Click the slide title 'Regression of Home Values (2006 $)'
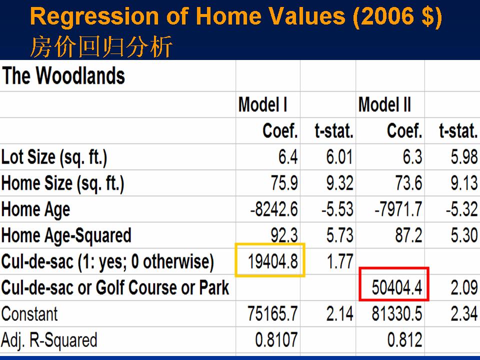click(x=236, y=16)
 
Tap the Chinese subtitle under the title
click(x=101, y=46)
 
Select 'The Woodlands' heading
click(x=63, y=75)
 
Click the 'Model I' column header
click(x=262, y=104)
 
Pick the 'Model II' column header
click(x=384, y=104)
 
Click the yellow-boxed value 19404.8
click(x=272, y=261)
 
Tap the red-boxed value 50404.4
click(x=396, y=288)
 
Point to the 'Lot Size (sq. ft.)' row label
click(x=54, y=157)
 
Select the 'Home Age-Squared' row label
click(x=66, y=235)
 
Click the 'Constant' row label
click(x=29, y=314)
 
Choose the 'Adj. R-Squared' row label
click(x=49, y=340)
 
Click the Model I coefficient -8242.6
click(x=273, y=209)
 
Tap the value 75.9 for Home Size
click(x=284, y=183)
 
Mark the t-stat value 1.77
click(x=340, y=261)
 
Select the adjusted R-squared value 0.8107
click(x=276, y=340)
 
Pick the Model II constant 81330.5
click(x=396, y=314)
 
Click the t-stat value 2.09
click(x=464, y=288)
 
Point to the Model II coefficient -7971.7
click(x=398, y=209)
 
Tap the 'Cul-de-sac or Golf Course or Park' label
click(x=115, y=288)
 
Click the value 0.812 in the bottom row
click(x=404, y=340)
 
